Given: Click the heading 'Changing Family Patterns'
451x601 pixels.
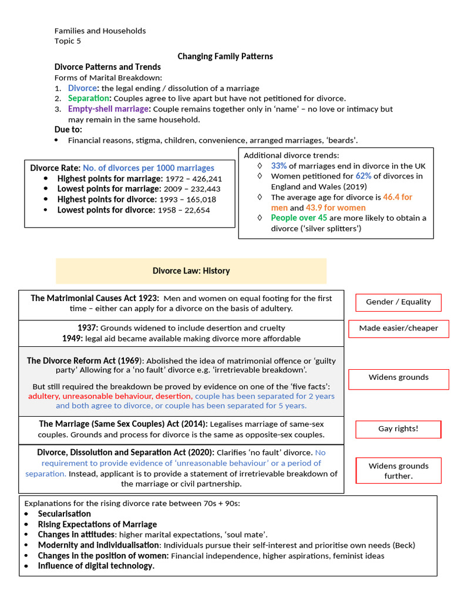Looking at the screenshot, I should pyautogui.click(x=225, y=56).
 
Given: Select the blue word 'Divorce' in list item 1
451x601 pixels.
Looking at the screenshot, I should pyautogui.click(x=82, y=88).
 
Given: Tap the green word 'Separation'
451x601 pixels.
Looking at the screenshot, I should pyautogui.click(x=89, y=98).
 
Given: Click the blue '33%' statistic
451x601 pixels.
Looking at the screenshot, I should pyautogui.click(x=279, y=166).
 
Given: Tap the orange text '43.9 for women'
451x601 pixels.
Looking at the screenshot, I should pyautogui.click(x=335, y=207).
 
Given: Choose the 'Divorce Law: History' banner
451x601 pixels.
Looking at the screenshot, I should pyautogui.click(x=191, y=271).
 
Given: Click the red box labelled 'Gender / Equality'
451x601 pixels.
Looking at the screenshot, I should pyautogui.click(x=398, y=302).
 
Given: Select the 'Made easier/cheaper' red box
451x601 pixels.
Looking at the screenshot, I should pyautogui.click(x=398, y=328).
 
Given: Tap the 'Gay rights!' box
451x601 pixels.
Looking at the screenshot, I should pyautogui.click(x=398, y=428).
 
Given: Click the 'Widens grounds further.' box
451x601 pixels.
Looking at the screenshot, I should pyautogui.click(x=398, y=471).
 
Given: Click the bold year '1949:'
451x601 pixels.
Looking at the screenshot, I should pyautogui.click(x=72, y=338).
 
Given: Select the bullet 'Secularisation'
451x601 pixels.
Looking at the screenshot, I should pyautogui.click(x=65, y=514).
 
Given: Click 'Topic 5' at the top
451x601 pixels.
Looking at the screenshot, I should pyautogui.click(x=68, y=41).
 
